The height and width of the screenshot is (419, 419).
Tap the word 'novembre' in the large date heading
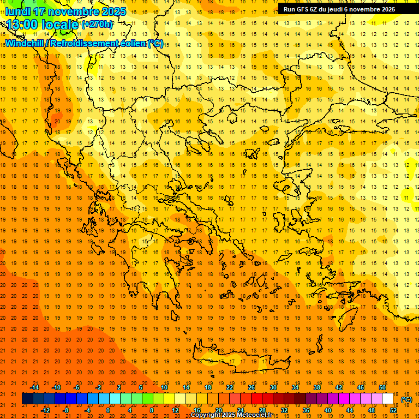pyautogui.click(x=73, y=11)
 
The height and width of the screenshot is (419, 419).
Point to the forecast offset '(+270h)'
pyautogui.click(x=97, y=25)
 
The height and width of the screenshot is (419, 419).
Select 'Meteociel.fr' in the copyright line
pyautogui.click(x=258, y=415)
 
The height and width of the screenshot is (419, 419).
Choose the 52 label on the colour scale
pyautogui.click(x=393, y=410)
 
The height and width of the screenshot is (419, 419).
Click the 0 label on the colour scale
pyautogui.click(x=107, y=410)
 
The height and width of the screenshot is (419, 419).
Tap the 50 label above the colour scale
pyautogui.click(x=382, y=387)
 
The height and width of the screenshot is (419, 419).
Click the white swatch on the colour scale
pyautogui.click(x=387, y=399)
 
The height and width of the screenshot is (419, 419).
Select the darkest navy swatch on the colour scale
pyautogui.click(x=27, y=399)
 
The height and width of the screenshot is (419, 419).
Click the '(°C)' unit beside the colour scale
pyautogui.click(x=406, y=399)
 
